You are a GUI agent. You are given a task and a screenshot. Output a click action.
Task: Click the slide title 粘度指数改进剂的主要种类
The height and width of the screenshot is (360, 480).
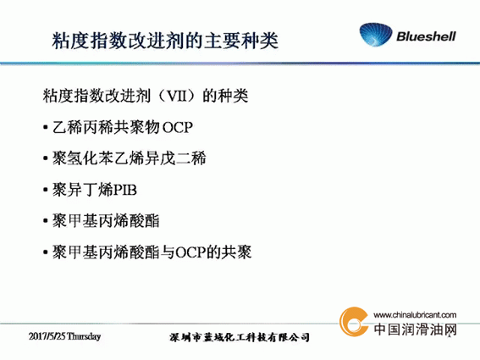(165, 41)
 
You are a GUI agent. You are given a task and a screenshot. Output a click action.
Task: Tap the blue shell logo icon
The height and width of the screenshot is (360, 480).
(376, 35)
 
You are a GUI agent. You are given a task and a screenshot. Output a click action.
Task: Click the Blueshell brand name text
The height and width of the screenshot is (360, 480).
(426, 36)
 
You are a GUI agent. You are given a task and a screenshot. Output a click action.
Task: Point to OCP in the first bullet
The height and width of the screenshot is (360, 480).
(177, 127)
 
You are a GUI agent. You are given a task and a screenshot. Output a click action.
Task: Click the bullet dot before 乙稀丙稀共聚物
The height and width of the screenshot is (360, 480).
(46, 127)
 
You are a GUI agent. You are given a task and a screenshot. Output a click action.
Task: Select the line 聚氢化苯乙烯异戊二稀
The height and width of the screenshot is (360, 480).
(129, 158)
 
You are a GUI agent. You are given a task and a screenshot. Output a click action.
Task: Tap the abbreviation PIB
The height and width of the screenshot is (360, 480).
(125, 190)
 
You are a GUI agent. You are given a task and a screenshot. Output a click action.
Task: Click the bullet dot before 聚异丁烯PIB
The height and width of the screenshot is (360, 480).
(46, 190)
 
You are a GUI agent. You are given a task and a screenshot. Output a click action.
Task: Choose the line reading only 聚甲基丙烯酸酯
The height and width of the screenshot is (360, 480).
(106, 220)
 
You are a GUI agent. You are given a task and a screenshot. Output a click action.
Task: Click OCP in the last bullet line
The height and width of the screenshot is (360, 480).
(190, 252)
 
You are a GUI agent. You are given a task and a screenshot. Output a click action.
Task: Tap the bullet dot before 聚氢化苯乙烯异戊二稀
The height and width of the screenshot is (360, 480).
(46, 158)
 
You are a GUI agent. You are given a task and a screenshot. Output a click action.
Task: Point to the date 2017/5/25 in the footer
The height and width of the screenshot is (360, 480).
(47, 336)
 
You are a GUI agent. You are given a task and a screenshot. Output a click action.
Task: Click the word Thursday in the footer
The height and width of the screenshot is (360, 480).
(84, 336)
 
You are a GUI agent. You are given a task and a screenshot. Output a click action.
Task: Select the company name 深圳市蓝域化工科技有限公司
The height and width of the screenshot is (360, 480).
(240, 337)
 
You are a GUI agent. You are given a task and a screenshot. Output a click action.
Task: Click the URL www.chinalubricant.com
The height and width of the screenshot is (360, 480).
(415, 315)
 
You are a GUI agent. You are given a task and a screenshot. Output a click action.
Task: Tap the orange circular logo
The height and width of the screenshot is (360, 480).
(354, 322)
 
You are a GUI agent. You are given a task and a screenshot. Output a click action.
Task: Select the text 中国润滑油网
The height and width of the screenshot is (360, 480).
(416, 330)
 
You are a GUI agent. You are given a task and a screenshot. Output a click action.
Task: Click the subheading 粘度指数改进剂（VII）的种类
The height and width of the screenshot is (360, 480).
(146, 96)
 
